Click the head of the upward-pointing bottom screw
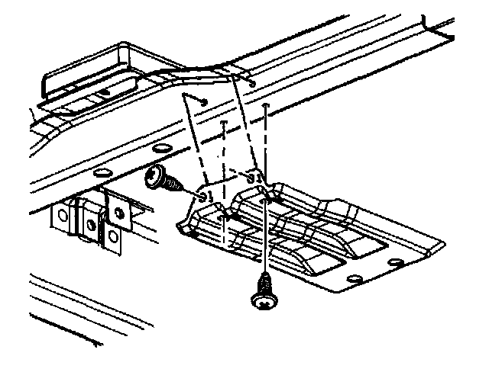click(262, 302)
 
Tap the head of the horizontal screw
click(156, 177)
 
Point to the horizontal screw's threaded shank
click(173, 185)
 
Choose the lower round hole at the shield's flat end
click(354, 279)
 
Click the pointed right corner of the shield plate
click(443, 244)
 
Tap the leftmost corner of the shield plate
click(177, 225)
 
